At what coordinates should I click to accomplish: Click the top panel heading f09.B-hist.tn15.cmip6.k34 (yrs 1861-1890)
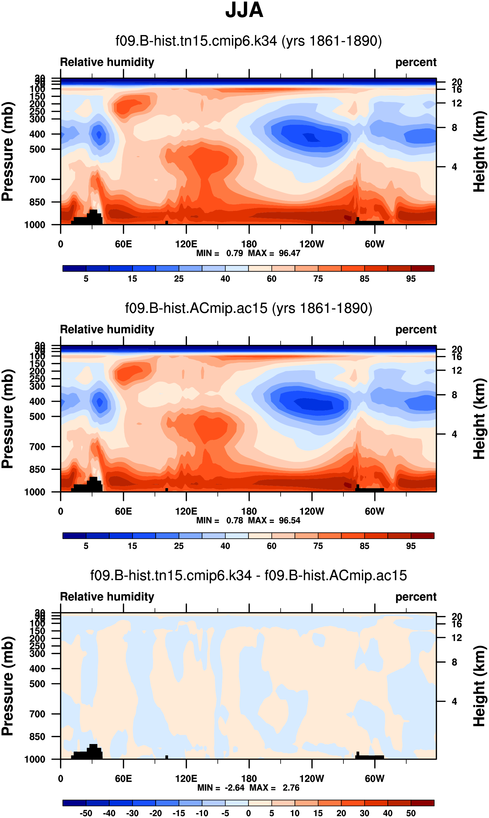(x=248, y=41)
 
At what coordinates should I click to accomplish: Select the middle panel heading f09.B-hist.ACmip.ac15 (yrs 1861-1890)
(x=248, y=308)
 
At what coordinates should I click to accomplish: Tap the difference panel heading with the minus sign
(x=248, y=575)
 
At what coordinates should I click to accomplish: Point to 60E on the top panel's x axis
(x=123, y=244)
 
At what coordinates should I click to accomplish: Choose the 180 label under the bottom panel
(x=249, y=778)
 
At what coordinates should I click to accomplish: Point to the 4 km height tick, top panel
(x=454, y=167)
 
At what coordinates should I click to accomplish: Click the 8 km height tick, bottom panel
(x=454, y=662)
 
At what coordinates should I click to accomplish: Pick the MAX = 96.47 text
(x=274, y=253)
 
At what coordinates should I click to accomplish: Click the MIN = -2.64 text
(x=221, y=788)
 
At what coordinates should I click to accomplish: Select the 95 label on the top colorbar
(x=411, y=279)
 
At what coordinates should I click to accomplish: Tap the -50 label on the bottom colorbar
(x=86, y=813)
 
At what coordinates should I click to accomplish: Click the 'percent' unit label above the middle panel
(x=416, y=329)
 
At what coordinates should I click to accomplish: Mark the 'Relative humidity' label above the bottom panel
(x=107, y=596)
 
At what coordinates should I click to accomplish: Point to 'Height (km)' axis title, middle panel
(x=479, y=419)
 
